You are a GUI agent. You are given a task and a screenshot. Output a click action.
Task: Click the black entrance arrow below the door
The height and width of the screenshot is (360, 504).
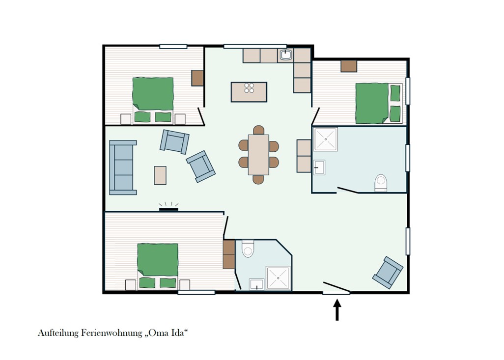[337, 309]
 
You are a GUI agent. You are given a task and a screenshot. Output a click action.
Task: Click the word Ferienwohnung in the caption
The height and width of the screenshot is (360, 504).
[112, 332]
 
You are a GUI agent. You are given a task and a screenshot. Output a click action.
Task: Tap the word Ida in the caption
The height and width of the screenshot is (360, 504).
[178, 332]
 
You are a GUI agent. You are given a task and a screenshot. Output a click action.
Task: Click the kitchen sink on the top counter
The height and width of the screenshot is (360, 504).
[286, 55]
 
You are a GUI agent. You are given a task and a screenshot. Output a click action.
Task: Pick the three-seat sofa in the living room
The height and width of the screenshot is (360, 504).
[122, 167]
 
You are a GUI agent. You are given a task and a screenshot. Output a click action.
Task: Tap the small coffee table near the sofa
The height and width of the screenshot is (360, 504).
[160, 175]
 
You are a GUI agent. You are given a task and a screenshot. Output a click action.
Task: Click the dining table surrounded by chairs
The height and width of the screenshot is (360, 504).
[258, 155]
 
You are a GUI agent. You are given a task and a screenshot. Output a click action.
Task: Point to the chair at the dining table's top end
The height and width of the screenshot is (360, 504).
[258, 130]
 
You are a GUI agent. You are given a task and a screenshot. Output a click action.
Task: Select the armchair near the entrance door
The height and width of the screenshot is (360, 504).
[388, 272]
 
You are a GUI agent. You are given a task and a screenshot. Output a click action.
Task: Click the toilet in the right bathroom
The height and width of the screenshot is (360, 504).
[381, 183]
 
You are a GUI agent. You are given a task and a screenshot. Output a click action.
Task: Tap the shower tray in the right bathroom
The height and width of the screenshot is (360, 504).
[326, 139]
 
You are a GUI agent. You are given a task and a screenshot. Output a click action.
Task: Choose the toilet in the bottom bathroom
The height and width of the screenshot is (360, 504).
[248, 249]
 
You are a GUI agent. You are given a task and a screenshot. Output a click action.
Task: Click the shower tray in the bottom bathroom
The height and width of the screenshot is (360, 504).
[278, 278]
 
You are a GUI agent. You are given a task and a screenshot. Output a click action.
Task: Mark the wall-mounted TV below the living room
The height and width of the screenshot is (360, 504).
[169, 210]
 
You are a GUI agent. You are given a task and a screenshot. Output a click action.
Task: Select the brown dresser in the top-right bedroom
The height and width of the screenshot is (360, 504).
[349, 66]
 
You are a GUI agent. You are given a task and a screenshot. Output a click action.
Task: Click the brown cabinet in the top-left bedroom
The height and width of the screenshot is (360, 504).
[197, 78]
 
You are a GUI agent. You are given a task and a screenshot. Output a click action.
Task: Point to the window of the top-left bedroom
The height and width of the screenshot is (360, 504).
[173, 47]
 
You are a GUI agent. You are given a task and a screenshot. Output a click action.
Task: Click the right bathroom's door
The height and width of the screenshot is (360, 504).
[347, 190]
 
